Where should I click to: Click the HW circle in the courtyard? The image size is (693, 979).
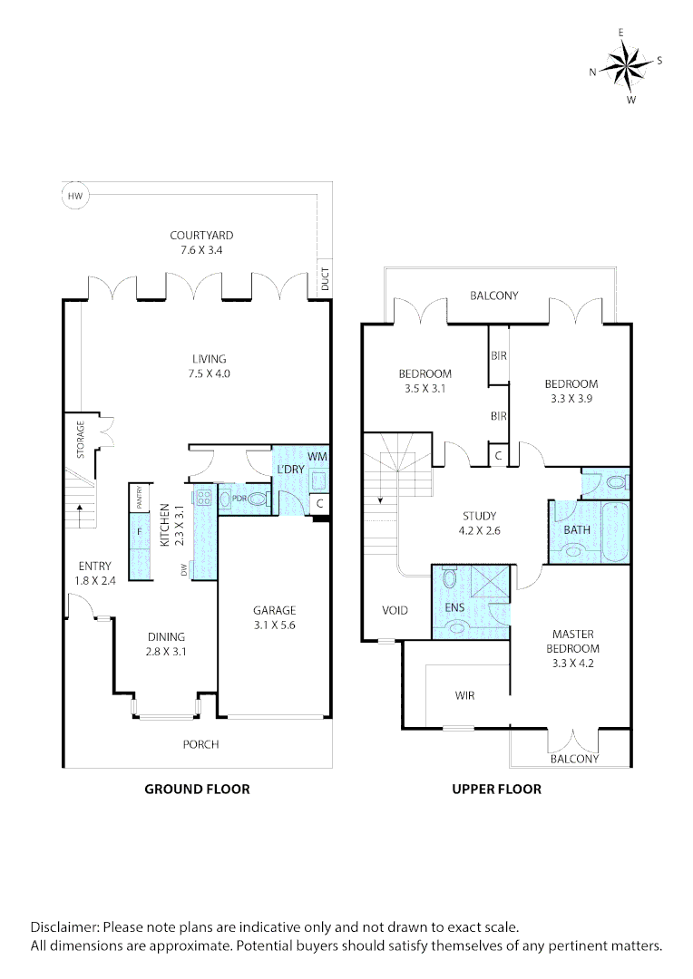click(x=73, y=195)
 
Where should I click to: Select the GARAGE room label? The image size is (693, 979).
click(x=274, y=610)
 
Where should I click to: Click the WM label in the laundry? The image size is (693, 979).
click(x=317, y=456)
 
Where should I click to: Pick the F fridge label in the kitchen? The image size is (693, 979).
click(x=139, y=532)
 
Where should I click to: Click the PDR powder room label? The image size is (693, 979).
click(x=239, y=498)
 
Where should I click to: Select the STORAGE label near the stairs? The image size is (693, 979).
click(x=81, y=439)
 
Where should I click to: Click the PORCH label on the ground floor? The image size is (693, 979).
click(x=200, y=744)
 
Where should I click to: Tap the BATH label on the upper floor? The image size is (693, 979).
click(x=577, y=529)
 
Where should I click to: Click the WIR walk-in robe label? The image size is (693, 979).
click(x=464, y=696)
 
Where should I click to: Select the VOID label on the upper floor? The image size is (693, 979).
click(x=395, y=610)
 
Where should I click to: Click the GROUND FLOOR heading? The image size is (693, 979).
click(x=197, y=789)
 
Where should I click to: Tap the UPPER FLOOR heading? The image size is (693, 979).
click(x=496, y=789)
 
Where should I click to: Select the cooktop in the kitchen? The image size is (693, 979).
click(x=203, y=497)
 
